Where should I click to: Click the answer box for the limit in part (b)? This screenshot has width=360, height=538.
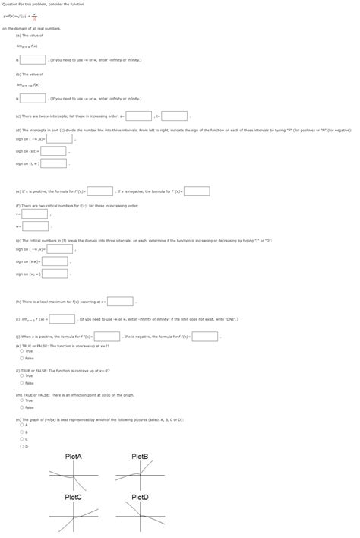pyautogui.click(x=32, y=99)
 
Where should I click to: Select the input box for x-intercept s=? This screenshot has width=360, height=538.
pyautogui.click(x=138, y=116)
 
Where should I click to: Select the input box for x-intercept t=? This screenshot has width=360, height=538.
pyautogui.click(x=174, y=116)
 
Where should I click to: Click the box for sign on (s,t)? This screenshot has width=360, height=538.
pyautogui.click(x=54, y=151)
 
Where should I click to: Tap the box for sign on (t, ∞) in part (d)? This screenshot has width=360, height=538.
pyautogui.click(x=53, y=163)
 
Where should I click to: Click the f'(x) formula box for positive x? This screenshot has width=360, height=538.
pyautogui.click(x=100, y=191)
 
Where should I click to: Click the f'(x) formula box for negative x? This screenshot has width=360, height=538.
pyautogui.click(x=197, y=191)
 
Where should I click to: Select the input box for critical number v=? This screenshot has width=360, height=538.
pyautogui.click(x=36, y=214)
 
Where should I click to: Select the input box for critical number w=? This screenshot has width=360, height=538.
pyautogui.click(x=36, y=226)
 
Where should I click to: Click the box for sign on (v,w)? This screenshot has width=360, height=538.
pyautogui.click(x=55, y=261)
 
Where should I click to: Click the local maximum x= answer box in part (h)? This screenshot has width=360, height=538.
pyautogui.click(x=120, y=301)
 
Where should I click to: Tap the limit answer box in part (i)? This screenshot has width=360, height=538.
pyautogui.click(x=62, y=319)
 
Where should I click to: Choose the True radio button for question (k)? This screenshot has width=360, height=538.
pyautogui.click(x=21, y=351)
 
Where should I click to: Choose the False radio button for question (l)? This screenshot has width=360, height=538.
pyautogui.click(x=21, y=383)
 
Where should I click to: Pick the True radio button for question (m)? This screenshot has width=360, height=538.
pyautogui.click(x=21, y=400)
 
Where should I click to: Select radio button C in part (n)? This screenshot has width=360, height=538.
pyautogui.click(x=21, y=438)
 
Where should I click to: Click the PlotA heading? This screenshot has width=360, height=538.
pyautogui.click(x=74, y=456)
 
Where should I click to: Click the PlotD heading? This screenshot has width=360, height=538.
pyautogui.click(x=140, y=496)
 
